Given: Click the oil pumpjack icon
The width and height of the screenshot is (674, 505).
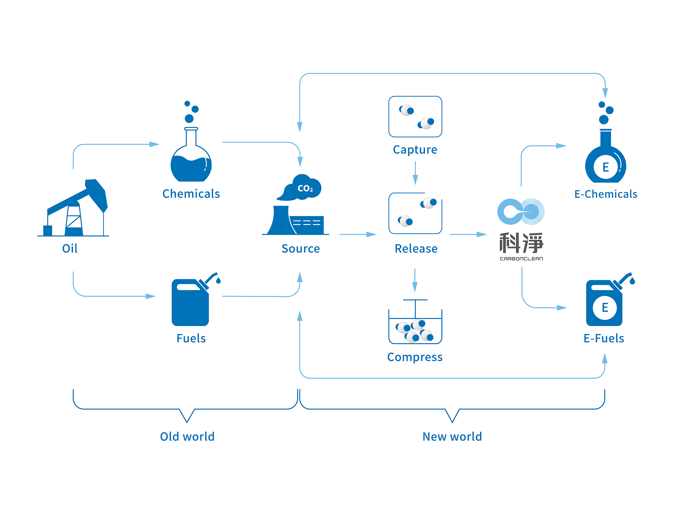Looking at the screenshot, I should (76, 209).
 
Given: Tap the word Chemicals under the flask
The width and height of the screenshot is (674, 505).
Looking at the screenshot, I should (191, 194).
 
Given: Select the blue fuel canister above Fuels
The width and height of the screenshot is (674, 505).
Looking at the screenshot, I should (191, 302).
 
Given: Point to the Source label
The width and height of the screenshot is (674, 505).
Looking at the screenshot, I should (301, 248).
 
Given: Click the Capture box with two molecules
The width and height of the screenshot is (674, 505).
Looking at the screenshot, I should (415, 116).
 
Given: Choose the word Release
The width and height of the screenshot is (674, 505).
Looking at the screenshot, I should (416, 248).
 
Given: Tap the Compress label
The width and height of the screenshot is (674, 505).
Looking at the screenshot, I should (415, 357).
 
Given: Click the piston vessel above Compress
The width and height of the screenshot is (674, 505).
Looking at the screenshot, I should (415, 323).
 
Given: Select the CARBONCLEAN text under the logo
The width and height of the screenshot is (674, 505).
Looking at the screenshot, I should (521, 259).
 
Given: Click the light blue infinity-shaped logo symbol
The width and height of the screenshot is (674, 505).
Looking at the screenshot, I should (521, 212).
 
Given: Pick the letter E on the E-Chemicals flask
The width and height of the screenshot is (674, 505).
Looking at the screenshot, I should (606, 167).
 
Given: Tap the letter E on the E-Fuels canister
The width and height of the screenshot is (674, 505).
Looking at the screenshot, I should (605, 307).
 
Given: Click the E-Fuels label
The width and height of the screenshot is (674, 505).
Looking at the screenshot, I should (604, 338).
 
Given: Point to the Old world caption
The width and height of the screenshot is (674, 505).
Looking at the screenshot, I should (187, 437).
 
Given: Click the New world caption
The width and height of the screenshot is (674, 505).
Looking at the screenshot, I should (452, 437).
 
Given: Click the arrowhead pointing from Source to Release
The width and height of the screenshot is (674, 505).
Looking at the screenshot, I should (371, 234).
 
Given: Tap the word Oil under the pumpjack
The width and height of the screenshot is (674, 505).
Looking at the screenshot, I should (70, 248).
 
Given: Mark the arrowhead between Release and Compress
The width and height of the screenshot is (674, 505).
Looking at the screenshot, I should (415, 287).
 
